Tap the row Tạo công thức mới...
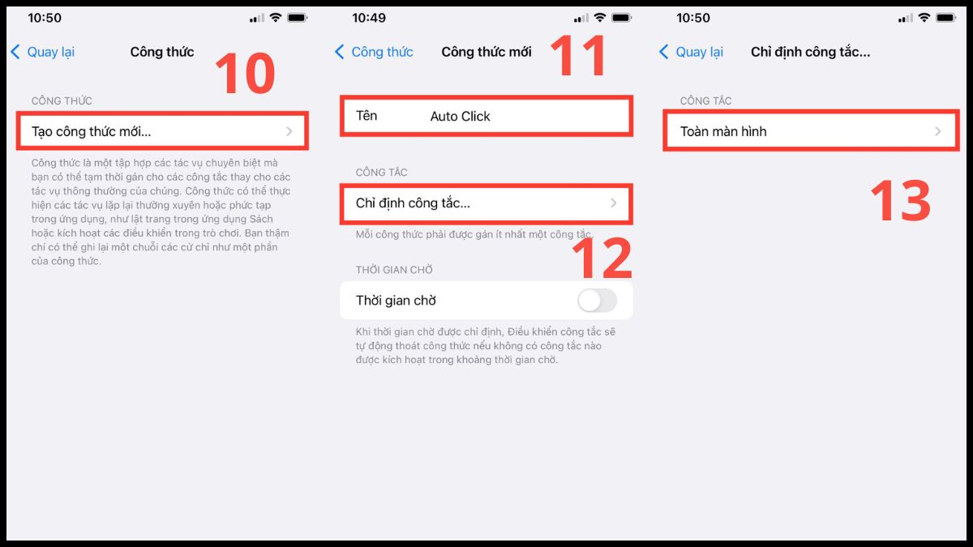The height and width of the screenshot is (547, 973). (x=162, y=131)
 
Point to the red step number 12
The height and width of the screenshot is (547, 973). (x=601, y=257)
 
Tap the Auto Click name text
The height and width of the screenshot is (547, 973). (x=460, y=117)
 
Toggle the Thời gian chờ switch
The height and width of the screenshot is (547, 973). (x=597, y=301)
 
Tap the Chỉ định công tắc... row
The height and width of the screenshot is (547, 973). (x=485, y=203)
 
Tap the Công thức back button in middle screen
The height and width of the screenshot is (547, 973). (x=374, y=52)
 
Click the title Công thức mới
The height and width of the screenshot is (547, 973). (x=486, y=52)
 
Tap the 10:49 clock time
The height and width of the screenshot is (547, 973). (x=369, y=18)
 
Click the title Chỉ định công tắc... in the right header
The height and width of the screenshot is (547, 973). (x=810, y=52)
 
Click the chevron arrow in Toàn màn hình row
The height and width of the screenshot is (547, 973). (x=937, y=131)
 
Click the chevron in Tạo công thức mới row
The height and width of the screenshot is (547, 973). (x=289, y=131)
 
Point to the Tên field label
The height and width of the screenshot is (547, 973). (x=366, y=116)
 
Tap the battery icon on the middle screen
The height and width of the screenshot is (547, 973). (x=622, y=18)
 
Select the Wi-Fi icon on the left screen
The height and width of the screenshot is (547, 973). (x=276, y=18)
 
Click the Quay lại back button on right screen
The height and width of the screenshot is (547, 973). (x=690, y=52)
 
